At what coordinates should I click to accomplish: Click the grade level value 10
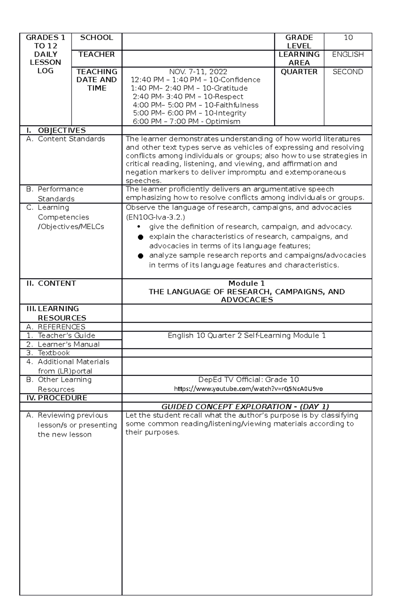click(x=348, y=38)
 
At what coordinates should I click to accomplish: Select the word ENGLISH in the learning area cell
click(x=348, y=55)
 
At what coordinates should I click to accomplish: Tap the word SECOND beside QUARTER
click(x=348, y=72)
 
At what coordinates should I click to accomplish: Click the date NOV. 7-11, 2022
click(x=198, y=72)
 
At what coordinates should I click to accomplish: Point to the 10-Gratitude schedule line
click(x=189, y=88)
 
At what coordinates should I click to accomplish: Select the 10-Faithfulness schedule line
click(x=196, y=105)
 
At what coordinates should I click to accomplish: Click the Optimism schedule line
click(x=186, y=122)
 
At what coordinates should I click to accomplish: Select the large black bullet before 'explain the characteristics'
click(x=140, y=237)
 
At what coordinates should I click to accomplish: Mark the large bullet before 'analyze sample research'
click(x=140, y=256)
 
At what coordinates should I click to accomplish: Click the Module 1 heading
click(x=246, y=284)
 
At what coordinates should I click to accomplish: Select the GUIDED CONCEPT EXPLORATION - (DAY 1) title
click(x=245, y=407)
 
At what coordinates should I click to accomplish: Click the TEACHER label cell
click(x=96, y=55)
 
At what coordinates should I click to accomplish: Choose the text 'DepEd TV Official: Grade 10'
click(x=248, y=380)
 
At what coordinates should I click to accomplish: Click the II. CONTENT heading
click(x=52, y=284)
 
